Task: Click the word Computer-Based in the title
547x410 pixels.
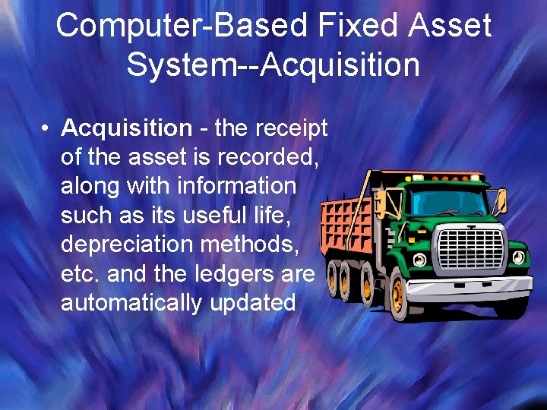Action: coord(172,26)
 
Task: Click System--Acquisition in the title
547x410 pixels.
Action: coord(273,65)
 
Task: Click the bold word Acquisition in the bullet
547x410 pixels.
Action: coord(126,128)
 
